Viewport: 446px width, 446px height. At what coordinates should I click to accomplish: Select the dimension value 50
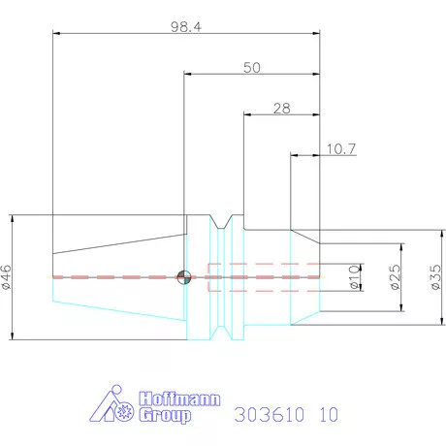pyautogui.click(x=252, y=68)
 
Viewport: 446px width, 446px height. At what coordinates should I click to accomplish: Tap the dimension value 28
pyautogui.click(x=281, y=109)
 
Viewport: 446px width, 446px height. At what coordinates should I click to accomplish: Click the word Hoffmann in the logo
pyautogui.click(x=181, y=398)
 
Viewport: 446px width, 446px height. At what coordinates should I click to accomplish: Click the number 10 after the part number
pyautogui.click(x=328, y=415)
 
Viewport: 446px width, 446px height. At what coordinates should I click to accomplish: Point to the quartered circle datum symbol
pyautogui.click(x=183, y=278)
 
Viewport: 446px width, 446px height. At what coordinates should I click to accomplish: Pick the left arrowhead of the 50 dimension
pyautogui.click(x=188, y=74)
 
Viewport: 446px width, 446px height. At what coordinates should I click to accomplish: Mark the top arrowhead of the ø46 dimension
pyautogui.click(x=12, y=218)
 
